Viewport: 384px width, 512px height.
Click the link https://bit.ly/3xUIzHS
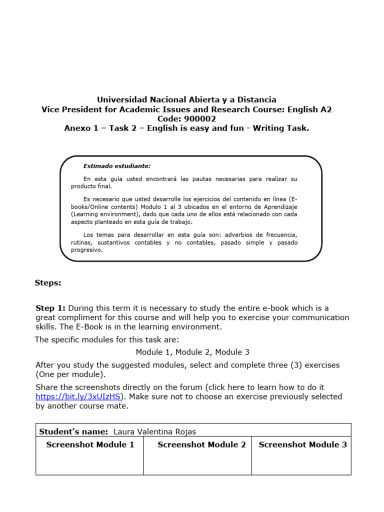[78, 396]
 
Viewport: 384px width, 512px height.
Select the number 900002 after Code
[200, 118]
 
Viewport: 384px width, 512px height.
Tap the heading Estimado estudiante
[116, 166]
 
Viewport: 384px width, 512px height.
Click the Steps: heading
[48, 283]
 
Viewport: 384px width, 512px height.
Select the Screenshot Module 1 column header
[90, 444]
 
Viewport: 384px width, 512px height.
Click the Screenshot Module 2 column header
[201, 444]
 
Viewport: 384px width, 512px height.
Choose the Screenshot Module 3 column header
[302, 444]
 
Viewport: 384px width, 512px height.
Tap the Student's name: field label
[73, 431]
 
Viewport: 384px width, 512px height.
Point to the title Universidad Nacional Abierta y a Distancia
[186, 99]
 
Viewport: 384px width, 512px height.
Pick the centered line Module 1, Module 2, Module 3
[192, 352]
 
